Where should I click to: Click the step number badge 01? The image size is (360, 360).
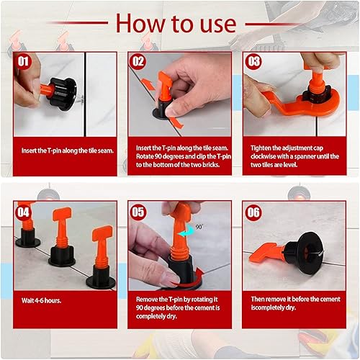[x=23, y=61]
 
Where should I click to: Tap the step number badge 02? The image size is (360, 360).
[x=138, y=61]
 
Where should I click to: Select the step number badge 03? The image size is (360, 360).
[x=253, y=61]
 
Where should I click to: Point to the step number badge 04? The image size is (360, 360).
[x=23, y=212]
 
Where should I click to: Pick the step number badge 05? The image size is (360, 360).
[x=138, y=212]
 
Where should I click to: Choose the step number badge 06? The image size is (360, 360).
[x=253, y=212]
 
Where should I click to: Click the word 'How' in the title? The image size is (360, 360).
[x=140, y=23]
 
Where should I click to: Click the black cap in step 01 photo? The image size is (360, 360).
[x=63, y=94]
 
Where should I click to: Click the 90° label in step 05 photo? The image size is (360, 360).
[x=199, y=227]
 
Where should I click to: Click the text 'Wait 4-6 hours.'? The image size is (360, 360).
[x=41, y=300]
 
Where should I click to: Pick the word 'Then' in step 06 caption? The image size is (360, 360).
[x=258, y=299]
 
